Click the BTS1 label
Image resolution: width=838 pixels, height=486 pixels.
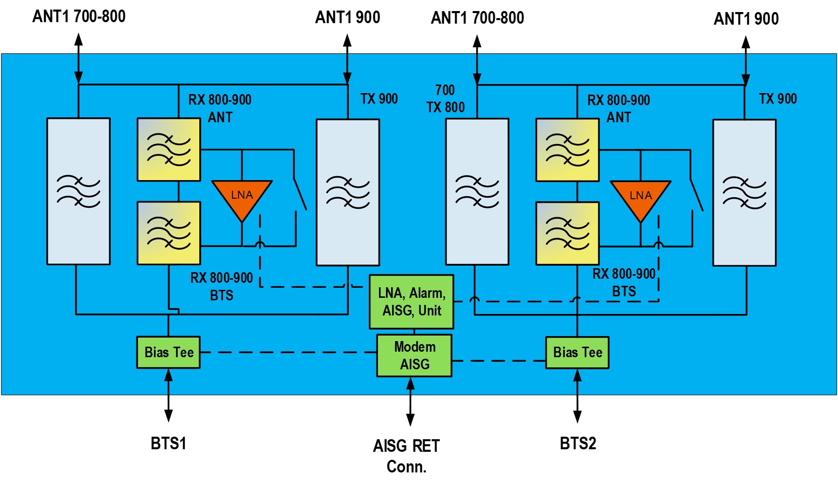point(169,443)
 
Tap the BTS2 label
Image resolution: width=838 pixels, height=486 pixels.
point(578,443)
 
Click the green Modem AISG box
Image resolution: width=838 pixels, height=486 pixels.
point(414,356)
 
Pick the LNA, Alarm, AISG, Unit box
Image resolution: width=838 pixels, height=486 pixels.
point(412,302)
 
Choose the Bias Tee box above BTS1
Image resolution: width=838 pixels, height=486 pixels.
point(169,352)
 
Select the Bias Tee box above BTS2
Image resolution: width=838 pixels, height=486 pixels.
point(577,353)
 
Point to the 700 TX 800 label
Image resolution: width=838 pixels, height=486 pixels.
point(445,99)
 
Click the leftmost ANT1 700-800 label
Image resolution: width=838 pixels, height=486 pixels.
point(79,16)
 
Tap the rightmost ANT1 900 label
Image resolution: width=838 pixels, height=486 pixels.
point(746,19)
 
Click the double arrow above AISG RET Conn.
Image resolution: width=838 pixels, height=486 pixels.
point(411,401)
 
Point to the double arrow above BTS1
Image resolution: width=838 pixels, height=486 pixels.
point(169,395)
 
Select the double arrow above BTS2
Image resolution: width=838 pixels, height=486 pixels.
point(578,396)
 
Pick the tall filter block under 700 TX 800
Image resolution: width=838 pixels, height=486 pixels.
point(477,192)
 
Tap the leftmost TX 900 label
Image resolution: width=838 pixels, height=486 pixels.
point(379,99)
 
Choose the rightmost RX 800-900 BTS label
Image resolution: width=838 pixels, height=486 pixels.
point(624,282)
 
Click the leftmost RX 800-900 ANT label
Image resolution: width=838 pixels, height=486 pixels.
point(220,108)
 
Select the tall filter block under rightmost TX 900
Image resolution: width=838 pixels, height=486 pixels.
point(744,193)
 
